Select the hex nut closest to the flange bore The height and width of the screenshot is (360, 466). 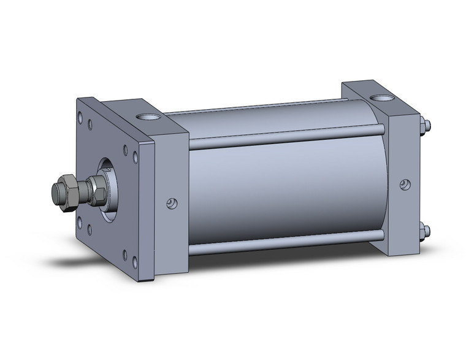96,189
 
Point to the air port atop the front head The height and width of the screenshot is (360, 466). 147,116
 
